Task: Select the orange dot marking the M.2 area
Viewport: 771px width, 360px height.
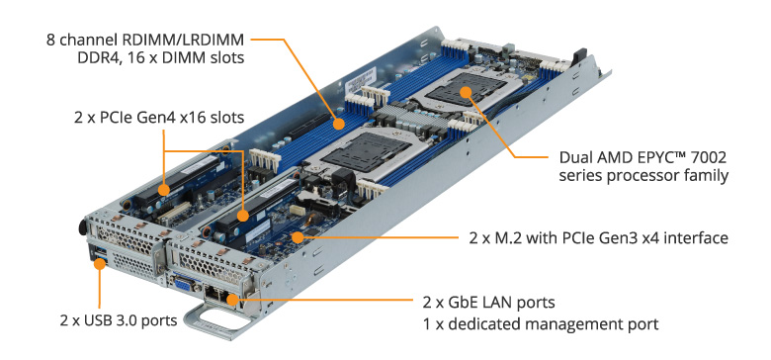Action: click(x=300, y=237)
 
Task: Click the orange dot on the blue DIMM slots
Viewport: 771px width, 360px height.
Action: click(x=339, y=125)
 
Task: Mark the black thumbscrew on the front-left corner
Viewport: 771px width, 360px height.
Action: click(x=77, y=227)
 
